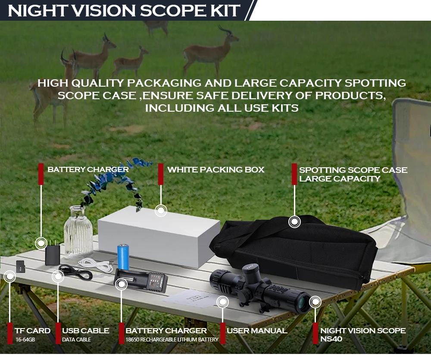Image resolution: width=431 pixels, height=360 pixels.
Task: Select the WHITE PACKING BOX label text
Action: coord(215,170)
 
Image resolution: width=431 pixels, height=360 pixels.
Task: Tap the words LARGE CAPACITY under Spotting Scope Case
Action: coord(340,179)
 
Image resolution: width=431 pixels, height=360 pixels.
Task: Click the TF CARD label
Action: coord(32,331)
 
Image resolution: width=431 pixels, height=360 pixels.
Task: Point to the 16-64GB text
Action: coord(25,340)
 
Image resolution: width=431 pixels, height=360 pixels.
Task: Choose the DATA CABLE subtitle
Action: coord(76,340)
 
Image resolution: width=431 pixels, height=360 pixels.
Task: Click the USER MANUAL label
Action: coord(256,331)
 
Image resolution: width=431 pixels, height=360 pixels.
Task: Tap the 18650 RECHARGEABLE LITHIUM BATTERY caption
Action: coord(172,340)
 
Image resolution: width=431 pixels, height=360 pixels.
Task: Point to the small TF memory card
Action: coord(20,266)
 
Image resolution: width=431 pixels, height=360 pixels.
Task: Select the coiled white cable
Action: coord(95,264)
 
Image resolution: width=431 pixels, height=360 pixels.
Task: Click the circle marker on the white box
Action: coord(161,211)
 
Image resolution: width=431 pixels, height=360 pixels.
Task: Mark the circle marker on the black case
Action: coord(294,222)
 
